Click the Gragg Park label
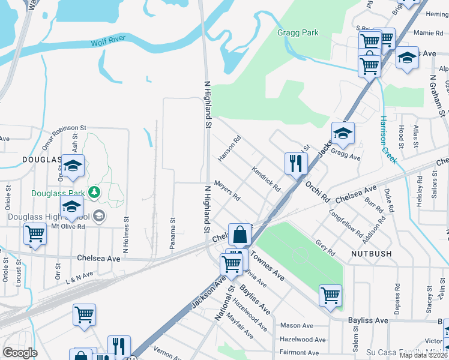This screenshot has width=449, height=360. click(298, 32)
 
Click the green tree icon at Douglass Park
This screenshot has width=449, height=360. click(94, 192)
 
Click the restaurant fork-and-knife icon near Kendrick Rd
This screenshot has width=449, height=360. click(295, 163)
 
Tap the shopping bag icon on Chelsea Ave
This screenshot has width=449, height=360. click(240, 235)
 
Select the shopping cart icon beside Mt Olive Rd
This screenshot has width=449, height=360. click(35, 234)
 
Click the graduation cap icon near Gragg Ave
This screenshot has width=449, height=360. click(343, 134)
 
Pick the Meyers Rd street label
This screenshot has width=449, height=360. click(228, 191)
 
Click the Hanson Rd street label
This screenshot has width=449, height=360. click(229, 148)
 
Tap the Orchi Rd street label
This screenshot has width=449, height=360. click(318, 190)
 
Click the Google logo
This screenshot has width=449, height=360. click(20, 353)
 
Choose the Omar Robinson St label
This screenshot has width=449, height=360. click(65, 137)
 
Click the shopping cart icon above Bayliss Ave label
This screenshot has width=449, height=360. click(330, 295)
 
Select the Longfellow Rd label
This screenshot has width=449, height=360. click(346, 223)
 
